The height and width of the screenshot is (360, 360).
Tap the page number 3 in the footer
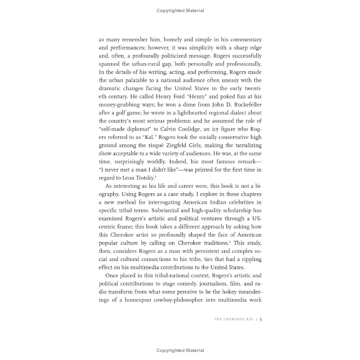coord(261,320)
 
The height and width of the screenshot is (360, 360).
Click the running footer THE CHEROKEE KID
coord(233,320)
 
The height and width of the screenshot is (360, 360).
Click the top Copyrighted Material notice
coord(180,11)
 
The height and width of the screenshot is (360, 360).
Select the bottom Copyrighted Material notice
coord(180,350)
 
